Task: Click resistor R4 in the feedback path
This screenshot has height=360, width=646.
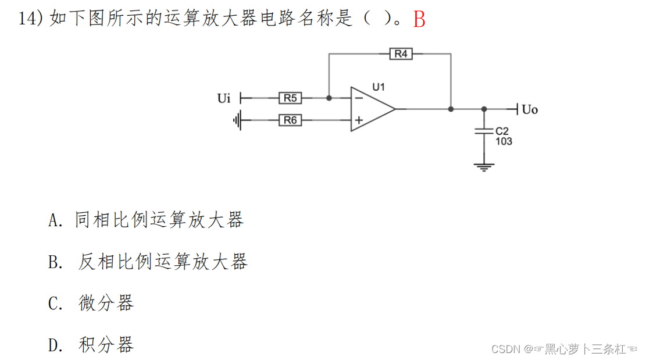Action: pos(401,54)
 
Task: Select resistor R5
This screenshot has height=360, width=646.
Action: pos(290,98)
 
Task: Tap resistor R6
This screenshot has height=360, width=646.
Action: pos(290,120)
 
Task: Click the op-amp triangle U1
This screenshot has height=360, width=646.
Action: pos(372,109)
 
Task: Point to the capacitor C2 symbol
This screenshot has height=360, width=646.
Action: pos(484,131)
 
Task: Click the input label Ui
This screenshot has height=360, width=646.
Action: pos(224,98)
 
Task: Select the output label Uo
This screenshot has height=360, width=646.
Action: pos(530,109)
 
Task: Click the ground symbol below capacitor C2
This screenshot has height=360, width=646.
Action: pos(484,166)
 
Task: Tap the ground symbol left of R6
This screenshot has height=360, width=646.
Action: pos(237,120)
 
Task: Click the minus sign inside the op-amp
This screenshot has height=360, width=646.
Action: pos(359,98)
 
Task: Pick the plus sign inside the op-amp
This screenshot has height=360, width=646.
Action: pos(359,120)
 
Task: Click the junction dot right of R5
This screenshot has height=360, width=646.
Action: pos(329,98)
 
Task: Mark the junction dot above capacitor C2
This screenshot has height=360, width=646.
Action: pos(484,109)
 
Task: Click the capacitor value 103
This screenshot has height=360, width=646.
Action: pos(504,141)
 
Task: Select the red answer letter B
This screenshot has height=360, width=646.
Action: pos(419,20)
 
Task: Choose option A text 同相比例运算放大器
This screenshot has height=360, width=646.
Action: pos(159,220)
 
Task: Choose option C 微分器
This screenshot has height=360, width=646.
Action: pos(106,303)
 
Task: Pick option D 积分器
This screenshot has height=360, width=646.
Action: pos(106,345)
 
